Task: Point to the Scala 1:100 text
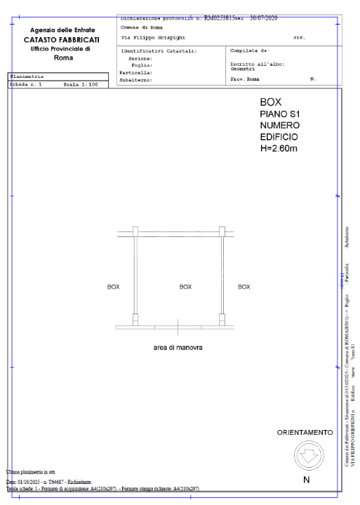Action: [x=79, y=83]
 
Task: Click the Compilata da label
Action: [x=246, y=50]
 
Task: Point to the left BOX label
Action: [x=113, y=286]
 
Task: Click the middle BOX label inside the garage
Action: [x=185, y=286]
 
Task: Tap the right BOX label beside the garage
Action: [x=244, y=286]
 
